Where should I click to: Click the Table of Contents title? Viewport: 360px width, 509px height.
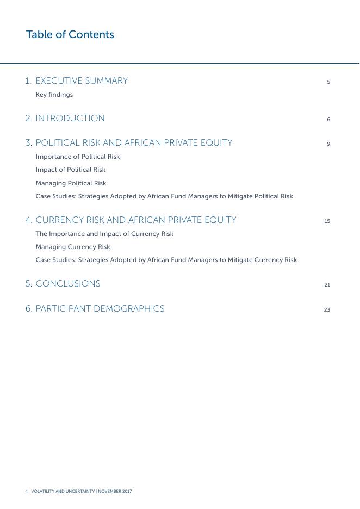70,35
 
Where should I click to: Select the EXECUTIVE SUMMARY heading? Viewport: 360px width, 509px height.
82,81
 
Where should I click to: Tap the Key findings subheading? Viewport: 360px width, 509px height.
54,95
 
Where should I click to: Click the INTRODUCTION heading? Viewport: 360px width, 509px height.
70,119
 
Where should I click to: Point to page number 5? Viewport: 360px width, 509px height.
328,82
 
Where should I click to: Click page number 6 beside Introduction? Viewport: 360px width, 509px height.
328,120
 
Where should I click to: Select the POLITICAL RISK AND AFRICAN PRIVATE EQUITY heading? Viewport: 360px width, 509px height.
134,143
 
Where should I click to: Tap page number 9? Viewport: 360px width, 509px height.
328,144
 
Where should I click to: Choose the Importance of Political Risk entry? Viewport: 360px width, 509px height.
78,157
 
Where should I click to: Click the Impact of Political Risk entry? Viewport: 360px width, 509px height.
71,170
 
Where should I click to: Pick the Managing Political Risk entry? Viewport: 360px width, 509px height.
71,183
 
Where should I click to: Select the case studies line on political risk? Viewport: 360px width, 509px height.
164,196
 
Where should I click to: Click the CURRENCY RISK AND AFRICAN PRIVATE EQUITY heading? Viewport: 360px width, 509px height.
136,220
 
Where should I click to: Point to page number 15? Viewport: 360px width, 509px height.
327,221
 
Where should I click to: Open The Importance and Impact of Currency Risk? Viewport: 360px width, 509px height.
104,234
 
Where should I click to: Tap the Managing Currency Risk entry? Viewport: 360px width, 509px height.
73,247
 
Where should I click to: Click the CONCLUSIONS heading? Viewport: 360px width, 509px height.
68,284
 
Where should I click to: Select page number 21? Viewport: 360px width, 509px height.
327,285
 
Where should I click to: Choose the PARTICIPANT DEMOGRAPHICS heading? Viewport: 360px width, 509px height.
100,309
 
